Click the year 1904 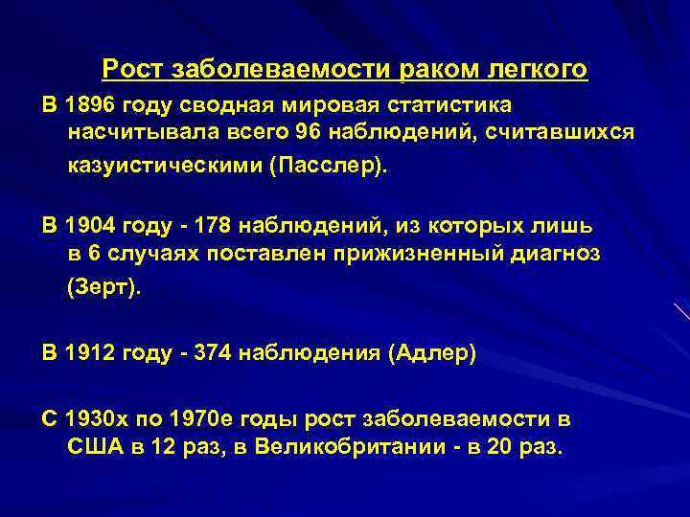pyautogui.click(x=89, y=226)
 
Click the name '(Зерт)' pyautogui.click(x=103, y=288)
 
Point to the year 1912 pyautogui.click(x=89, y=353)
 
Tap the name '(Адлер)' pyautogui.click(x=431, y=353)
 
